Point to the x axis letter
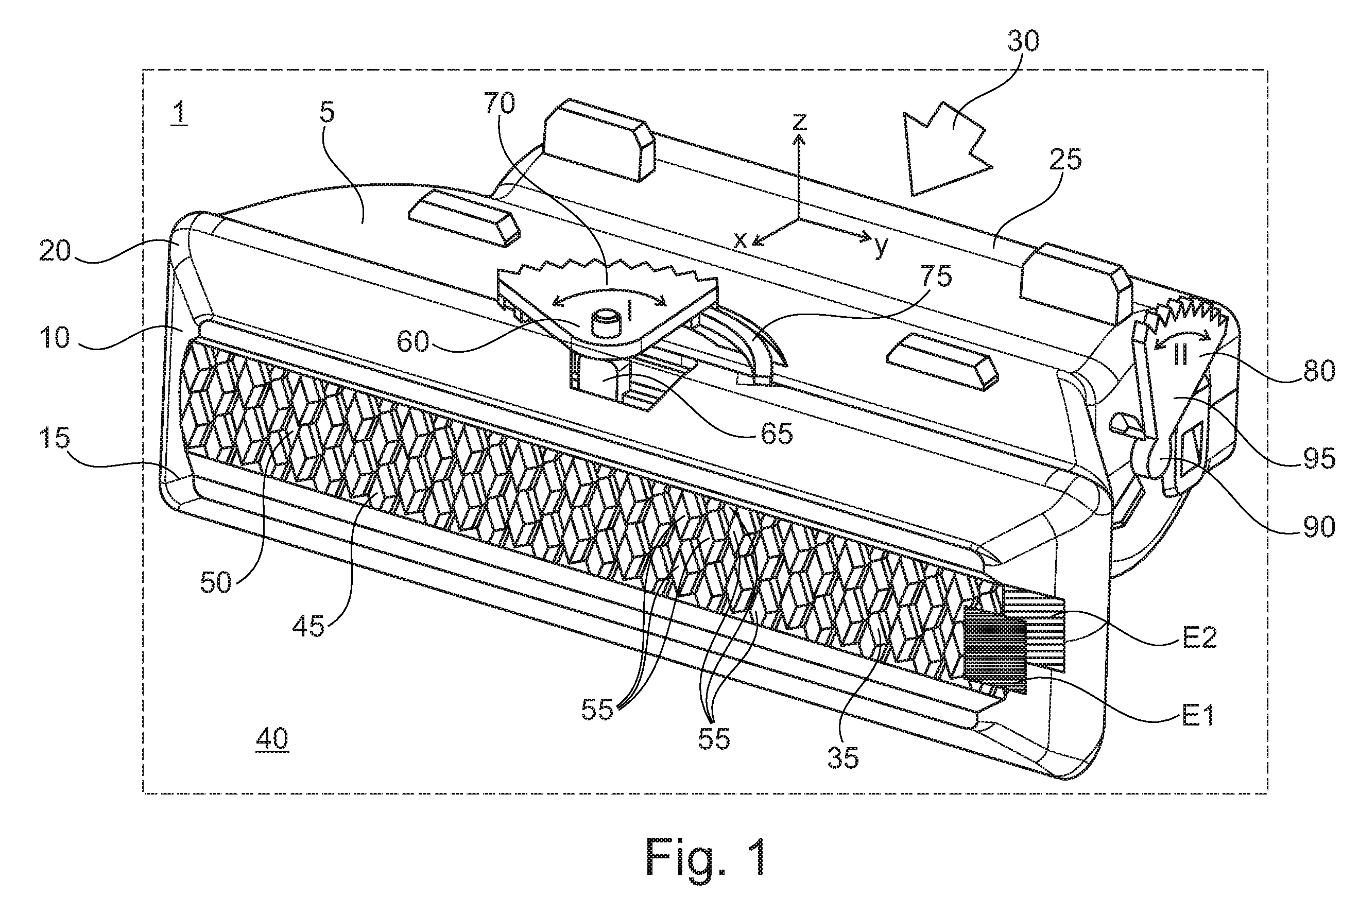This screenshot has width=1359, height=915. (x=740, y=240)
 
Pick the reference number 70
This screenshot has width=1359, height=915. (x=499, y=104)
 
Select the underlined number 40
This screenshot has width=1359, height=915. (x=272, y=739)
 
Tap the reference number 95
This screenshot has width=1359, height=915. (x=1318, y=459)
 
